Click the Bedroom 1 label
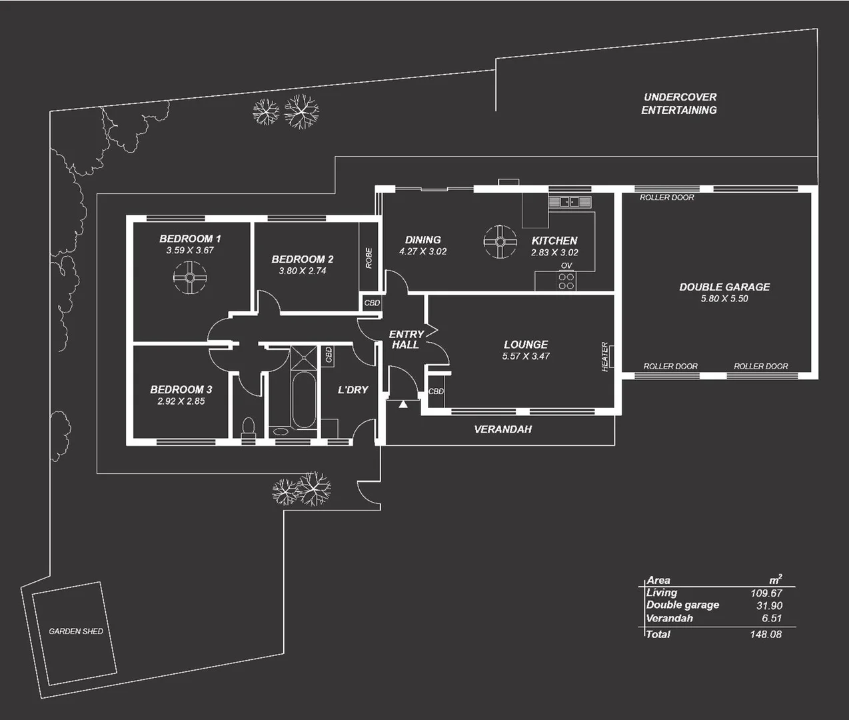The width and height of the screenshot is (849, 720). tap(190, 239)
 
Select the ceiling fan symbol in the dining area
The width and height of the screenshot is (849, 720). tap(500, 241)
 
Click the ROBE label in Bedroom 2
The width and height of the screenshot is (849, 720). tap(369, 258)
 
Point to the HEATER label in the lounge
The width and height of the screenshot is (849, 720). tap(605, 357)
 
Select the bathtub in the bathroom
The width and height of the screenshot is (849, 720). tap(304, 400)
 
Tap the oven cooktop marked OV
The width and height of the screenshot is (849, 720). tap(566, 281)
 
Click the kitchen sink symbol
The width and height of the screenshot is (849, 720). tap(570, 201)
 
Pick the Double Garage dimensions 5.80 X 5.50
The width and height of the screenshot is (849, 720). tap(724, 299)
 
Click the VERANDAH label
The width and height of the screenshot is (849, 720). tap(502, 429)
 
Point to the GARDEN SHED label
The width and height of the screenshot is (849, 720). tap(76, 631)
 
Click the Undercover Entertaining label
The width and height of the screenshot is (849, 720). tap(679, 103)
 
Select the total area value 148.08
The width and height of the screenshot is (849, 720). tap(765, 634)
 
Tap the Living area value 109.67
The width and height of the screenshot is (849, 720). tap(766, 593)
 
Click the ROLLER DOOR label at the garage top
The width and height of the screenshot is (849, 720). tap(666, 197)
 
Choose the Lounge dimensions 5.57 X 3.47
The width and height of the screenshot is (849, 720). tap(526, 356)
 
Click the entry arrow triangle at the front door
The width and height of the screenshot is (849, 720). tap(403, 404)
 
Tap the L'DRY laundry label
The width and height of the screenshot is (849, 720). tap(353, 390)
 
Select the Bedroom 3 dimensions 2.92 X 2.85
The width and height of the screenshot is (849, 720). tap(181, 401)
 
